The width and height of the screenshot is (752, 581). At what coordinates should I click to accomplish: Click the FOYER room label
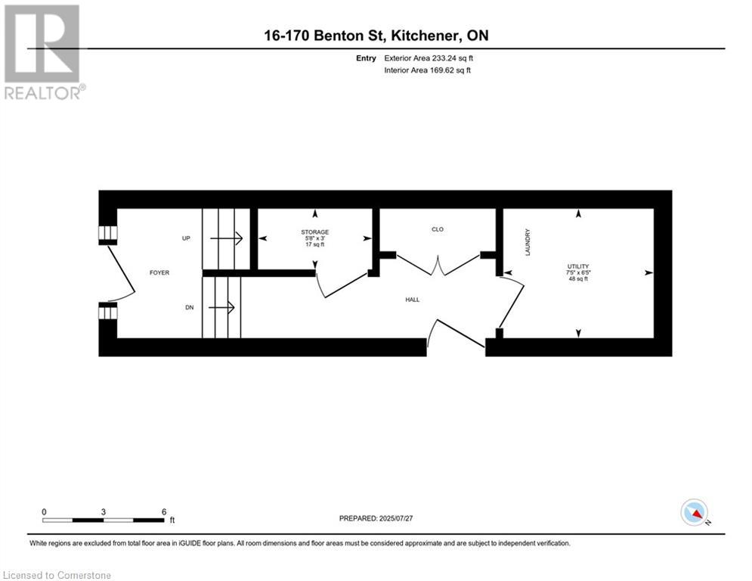[159, 273]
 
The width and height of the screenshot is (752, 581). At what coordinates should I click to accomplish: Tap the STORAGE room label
[315, 232]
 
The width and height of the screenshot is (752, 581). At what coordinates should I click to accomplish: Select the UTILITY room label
[578, 266]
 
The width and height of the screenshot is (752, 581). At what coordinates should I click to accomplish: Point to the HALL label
[413, 300]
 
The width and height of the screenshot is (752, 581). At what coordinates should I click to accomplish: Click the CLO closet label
[438, 229]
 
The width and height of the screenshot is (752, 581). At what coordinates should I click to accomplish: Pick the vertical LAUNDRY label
[528, 242]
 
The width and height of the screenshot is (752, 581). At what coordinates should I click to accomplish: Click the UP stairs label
[186, 238]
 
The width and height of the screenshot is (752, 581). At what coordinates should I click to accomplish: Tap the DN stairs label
[190, 307]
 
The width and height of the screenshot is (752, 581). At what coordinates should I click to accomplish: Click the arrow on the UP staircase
[227, 238]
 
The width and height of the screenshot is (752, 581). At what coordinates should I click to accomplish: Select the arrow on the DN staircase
[221, 307]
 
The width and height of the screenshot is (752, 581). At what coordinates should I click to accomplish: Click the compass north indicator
[695, 513]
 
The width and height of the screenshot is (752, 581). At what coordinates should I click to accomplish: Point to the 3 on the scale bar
[103, 512]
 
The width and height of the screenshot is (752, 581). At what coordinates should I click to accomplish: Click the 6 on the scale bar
[164, 512]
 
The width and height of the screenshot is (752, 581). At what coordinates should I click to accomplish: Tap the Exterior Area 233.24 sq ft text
[429, 58]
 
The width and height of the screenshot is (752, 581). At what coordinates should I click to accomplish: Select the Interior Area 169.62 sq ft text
[427, 70]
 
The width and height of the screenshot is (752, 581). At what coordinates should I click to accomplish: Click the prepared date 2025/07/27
[396, 518]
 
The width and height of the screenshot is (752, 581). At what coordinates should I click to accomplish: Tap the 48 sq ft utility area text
[578, 279]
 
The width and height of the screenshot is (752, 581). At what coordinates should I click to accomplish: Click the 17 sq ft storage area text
[315, 244]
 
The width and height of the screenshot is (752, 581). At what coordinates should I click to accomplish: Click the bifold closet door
[438, 265]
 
